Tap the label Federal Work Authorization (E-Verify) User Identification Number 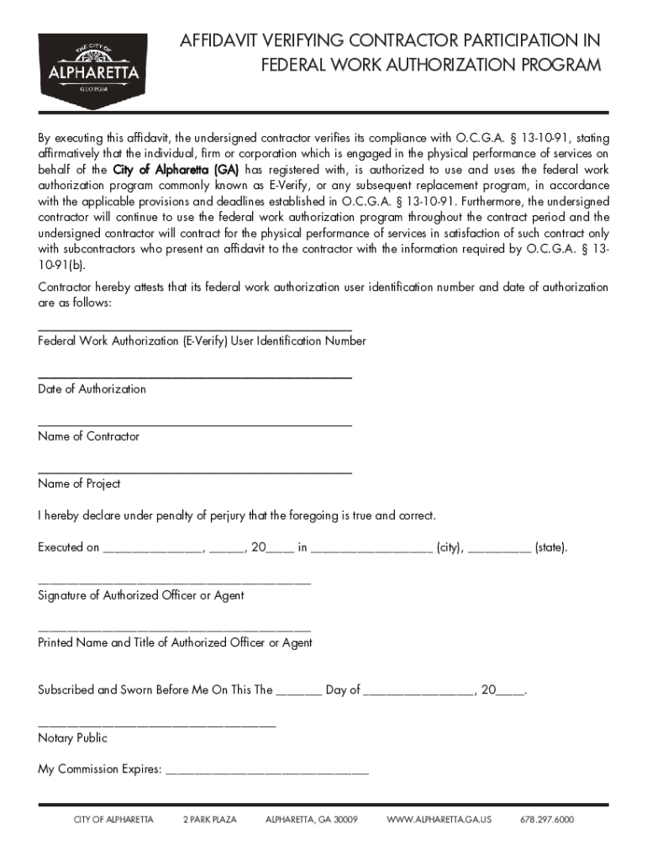(202, 341)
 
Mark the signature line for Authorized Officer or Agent (174, 583)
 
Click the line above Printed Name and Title (174, 630)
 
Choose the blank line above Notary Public (156, 725)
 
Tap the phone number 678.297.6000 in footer (547, 820)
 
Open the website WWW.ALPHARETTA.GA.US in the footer (439, 820)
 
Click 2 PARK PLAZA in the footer (210, 820)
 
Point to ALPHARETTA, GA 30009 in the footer (312, 820)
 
